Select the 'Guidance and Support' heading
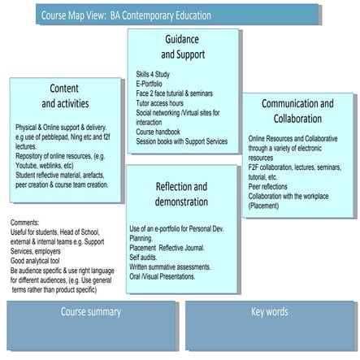182,46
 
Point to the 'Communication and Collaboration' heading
297,111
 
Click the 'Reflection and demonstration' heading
182,193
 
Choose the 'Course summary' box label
91,312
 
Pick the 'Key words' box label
269,312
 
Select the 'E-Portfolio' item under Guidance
151,83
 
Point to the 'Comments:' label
27,222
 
